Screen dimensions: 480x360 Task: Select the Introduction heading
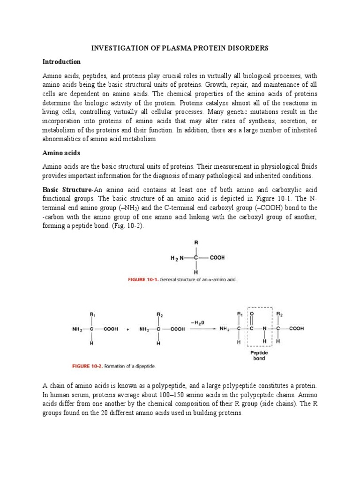[x=61, y=61]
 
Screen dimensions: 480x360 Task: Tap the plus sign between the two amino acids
[x=128, y=329]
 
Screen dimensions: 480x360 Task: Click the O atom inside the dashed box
[x=252, y=314]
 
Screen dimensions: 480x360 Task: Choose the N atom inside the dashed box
[x=265, y=329]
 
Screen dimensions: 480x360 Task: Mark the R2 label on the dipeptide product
[x=280, y=314]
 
